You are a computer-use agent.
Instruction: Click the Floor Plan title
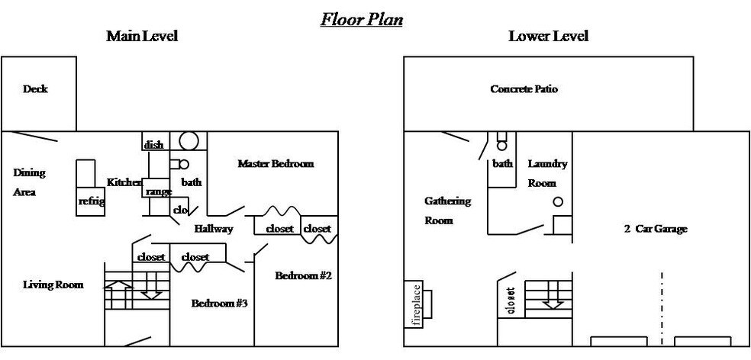[x=361, y=19]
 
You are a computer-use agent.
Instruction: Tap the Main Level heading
[x=142, y=36]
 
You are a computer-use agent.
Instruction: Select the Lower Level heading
[x=548, y=36]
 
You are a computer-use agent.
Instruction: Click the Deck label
[x=35, y=89]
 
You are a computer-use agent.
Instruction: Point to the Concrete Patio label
[x=524, y=89]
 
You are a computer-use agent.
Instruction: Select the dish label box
[x=153, y=145]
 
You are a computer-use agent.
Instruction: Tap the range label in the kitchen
[x=158, y=191]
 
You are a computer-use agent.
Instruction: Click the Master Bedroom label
[x=276, y=163]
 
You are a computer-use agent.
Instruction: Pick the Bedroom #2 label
[x=303, y=275]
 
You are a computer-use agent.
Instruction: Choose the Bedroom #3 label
[x=218, y=304]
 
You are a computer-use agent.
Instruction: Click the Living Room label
[x=53, y=284]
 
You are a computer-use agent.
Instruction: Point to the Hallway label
[x=214, y=229]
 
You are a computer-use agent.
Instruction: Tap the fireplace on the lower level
[x=417, y=304]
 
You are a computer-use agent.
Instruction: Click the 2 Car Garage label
[x=656, y=229]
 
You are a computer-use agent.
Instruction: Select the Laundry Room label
[x=547, y=173]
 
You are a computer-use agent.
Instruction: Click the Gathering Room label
[x=447, y=211]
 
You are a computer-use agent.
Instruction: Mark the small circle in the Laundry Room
[x=558, y=202]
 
